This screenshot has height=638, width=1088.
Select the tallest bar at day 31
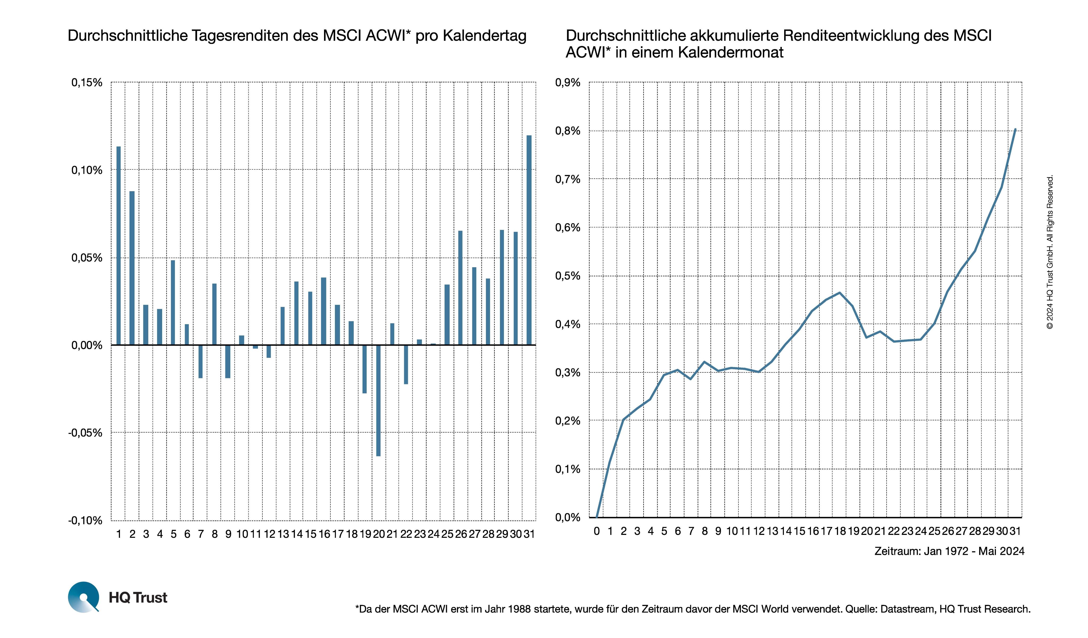click(x=529, y=240)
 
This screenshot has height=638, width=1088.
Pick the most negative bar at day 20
click(x=378, y=400)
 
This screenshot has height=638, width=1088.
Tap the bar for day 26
click(x=460, y=288)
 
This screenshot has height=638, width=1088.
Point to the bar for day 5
click(x=173, y=302)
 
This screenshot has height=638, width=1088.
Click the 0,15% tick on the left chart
click(x=87, y=82)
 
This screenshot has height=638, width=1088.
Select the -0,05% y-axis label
click(x=85, y=433)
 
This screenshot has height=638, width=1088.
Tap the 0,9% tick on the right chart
click(x=568, y=82)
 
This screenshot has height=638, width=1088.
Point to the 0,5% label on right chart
click(x=568, y=276)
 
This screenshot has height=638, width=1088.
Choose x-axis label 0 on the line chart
click(x=597, y=531)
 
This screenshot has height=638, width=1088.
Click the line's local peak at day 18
click(x=840, y=292)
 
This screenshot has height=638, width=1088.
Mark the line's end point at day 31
click(x=1016, y=129)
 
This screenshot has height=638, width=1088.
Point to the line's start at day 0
click(x=597, y=517)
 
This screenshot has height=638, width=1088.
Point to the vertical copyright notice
click(x=1050, y=252)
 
